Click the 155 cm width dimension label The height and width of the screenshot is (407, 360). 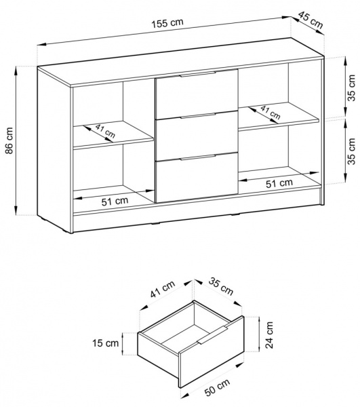(x=167, y=23)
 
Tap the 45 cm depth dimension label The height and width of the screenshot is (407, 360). (x=311, y=20)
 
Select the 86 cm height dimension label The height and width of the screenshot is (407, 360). (x=9, y=140)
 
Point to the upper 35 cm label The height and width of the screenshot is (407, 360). (x=352, y=88)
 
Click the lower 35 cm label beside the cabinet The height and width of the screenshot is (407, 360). (x=352, y=151)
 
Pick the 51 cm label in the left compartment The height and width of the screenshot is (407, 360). (x=115, y=201)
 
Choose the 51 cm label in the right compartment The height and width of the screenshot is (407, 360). (x=279, y=184)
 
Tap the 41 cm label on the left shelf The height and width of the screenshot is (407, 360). (x=105, y=131)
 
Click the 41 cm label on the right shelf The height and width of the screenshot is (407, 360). (x=271, y=113)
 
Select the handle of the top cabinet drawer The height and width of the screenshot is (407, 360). (x=197, y=74)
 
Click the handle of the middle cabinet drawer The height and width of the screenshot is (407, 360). (x=197, y=116)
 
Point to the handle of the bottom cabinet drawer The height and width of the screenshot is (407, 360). (x=197, y=157)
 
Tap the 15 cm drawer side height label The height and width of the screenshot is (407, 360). (x=106, y=343)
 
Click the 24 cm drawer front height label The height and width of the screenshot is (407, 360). (x=269, y=335)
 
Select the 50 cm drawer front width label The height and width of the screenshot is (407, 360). (x=218, y=387)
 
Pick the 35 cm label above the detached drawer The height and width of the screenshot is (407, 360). (x=221, y=287)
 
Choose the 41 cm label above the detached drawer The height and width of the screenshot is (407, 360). (x=163, y=289)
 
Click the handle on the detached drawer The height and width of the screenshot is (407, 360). (x=212, y=335)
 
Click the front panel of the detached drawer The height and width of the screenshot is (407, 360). (x=212, y=352)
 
